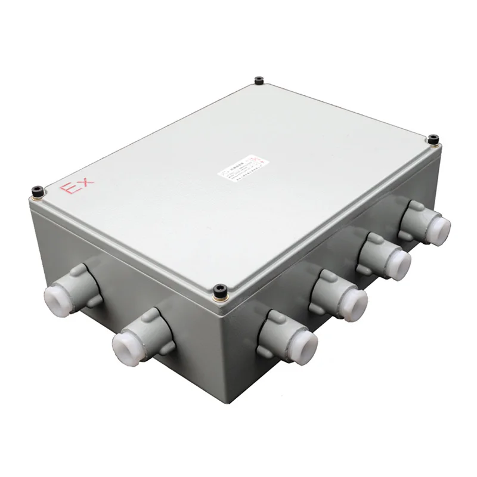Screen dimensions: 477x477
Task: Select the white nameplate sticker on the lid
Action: (238, 168)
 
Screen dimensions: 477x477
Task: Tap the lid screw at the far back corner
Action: (258, 80)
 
